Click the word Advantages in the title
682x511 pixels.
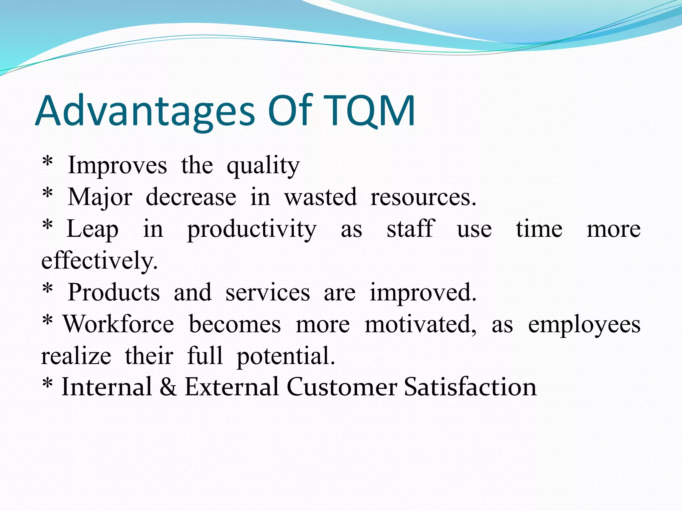(145, 111)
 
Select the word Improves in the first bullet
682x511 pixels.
(117, 165)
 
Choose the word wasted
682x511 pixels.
(320, 197)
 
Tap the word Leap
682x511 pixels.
(93, 230)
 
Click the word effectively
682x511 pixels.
(99, 261)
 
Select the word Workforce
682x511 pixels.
(119, 324)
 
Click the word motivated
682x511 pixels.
(420, 324)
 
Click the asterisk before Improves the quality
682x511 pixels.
(48, 162)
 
